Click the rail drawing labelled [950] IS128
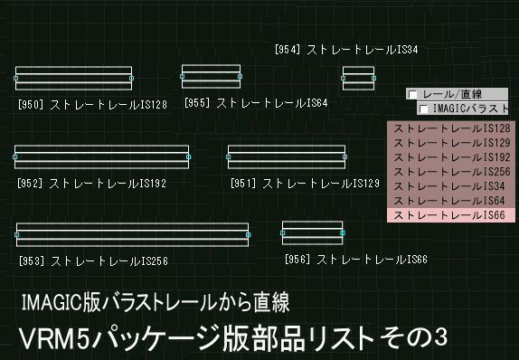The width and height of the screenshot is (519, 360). pos(73,80)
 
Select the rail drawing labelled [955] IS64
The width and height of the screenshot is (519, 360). pos(208,79)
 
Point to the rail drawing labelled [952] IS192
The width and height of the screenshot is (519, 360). pos(101,157)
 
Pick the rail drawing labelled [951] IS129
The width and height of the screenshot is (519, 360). pos(287,157)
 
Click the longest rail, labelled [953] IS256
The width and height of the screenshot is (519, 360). pos(132,234)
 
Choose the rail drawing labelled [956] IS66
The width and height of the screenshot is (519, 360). pos(313,233)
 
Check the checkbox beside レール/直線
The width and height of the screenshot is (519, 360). pos(412,94)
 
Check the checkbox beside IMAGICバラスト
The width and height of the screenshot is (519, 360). pos(424,109)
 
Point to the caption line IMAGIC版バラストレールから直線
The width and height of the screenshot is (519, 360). pos(154,298)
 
